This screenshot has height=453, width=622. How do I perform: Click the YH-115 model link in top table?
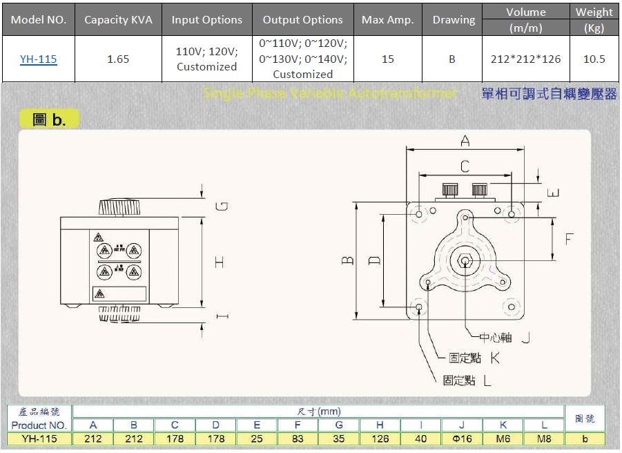point(38,59)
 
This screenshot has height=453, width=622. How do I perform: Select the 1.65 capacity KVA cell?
point(118,59)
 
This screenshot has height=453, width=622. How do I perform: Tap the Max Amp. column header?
point(387,20)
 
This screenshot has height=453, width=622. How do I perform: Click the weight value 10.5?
point(594,59)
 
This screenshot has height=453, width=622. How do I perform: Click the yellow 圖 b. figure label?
point(49,119)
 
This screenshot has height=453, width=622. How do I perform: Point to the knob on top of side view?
point(119,207)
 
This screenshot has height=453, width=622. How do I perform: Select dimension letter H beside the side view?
point(219,262)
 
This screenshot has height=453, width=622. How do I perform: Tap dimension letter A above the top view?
point(465,142)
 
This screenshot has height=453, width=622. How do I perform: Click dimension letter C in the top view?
point(465,166)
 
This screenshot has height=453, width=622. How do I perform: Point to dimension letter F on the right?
point(570,239)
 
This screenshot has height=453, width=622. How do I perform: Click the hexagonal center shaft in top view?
point(465,261)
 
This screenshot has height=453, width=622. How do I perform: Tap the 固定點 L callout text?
point(467,380)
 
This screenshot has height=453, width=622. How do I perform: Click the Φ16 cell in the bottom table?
point(462,438)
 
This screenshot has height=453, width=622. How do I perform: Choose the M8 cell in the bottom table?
point(544,438)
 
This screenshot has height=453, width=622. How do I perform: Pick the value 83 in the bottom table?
point(298,438)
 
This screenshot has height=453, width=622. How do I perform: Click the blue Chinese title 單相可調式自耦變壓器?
point(548,94)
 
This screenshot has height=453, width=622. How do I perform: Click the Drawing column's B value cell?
point(452,59)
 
